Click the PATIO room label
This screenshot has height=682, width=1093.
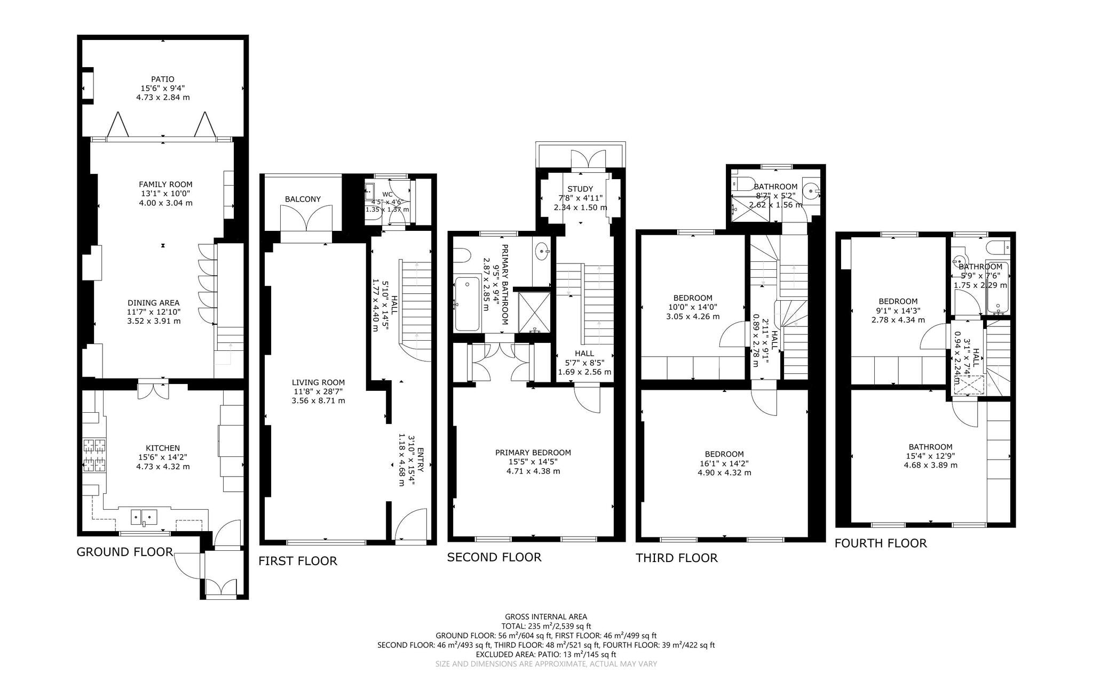tap(163, 79)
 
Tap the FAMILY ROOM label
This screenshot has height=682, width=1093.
tap(165, 184)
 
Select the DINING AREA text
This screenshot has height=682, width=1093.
tap(154, 303)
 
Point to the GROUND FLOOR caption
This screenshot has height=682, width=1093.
tap(125, 552)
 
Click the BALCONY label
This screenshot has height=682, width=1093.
tap(303, 199)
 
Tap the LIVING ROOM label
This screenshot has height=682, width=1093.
tap(318, 382)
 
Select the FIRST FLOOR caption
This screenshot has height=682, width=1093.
tap(298, 561)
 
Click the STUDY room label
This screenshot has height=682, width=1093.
tap(580, 189)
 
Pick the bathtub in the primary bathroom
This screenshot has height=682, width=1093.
tap(468, 303)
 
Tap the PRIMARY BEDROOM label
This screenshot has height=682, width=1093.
tap(533, 453)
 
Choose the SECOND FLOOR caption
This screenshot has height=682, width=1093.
tap(494, 557)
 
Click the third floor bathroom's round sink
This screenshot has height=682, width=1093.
tap(811, 189)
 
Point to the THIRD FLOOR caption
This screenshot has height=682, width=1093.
tap(677, 558)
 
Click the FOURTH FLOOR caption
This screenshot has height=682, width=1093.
tap(881, 543)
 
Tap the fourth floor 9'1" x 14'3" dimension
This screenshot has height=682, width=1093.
tap(898, 310)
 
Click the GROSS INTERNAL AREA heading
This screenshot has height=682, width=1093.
tap(546, 617)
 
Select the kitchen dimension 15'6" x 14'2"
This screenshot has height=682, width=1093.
tap(163, 457)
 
